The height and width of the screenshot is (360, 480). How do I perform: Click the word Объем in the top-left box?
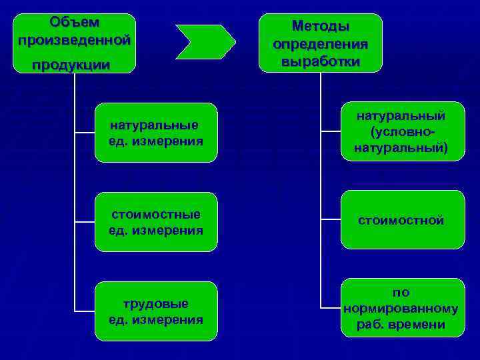(x=74, y=22)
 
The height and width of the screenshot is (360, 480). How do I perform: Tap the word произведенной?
(x=74, y=39)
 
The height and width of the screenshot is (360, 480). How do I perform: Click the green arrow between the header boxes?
(x=205, y=41)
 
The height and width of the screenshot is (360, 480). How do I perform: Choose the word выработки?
(x=320, y=61)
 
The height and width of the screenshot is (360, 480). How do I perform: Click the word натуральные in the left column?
(x=155, y=125)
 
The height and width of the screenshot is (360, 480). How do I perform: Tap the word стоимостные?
(x=156, y=215)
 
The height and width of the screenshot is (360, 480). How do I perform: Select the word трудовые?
(x=156, y=304)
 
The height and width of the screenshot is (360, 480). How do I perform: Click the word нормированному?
(x=401, y=309)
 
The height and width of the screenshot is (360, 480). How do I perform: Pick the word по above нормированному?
(x=401, y=293)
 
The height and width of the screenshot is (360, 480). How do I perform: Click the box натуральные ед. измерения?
(x=156, y=133)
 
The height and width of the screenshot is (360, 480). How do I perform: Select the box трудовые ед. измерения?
(x=156, y=311)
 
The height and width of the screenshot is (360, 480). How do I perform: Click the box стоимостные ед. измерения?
(x=156, y=222)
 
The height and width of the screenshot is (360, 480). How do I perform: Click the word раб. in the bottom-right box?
(x=371, y=325)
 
